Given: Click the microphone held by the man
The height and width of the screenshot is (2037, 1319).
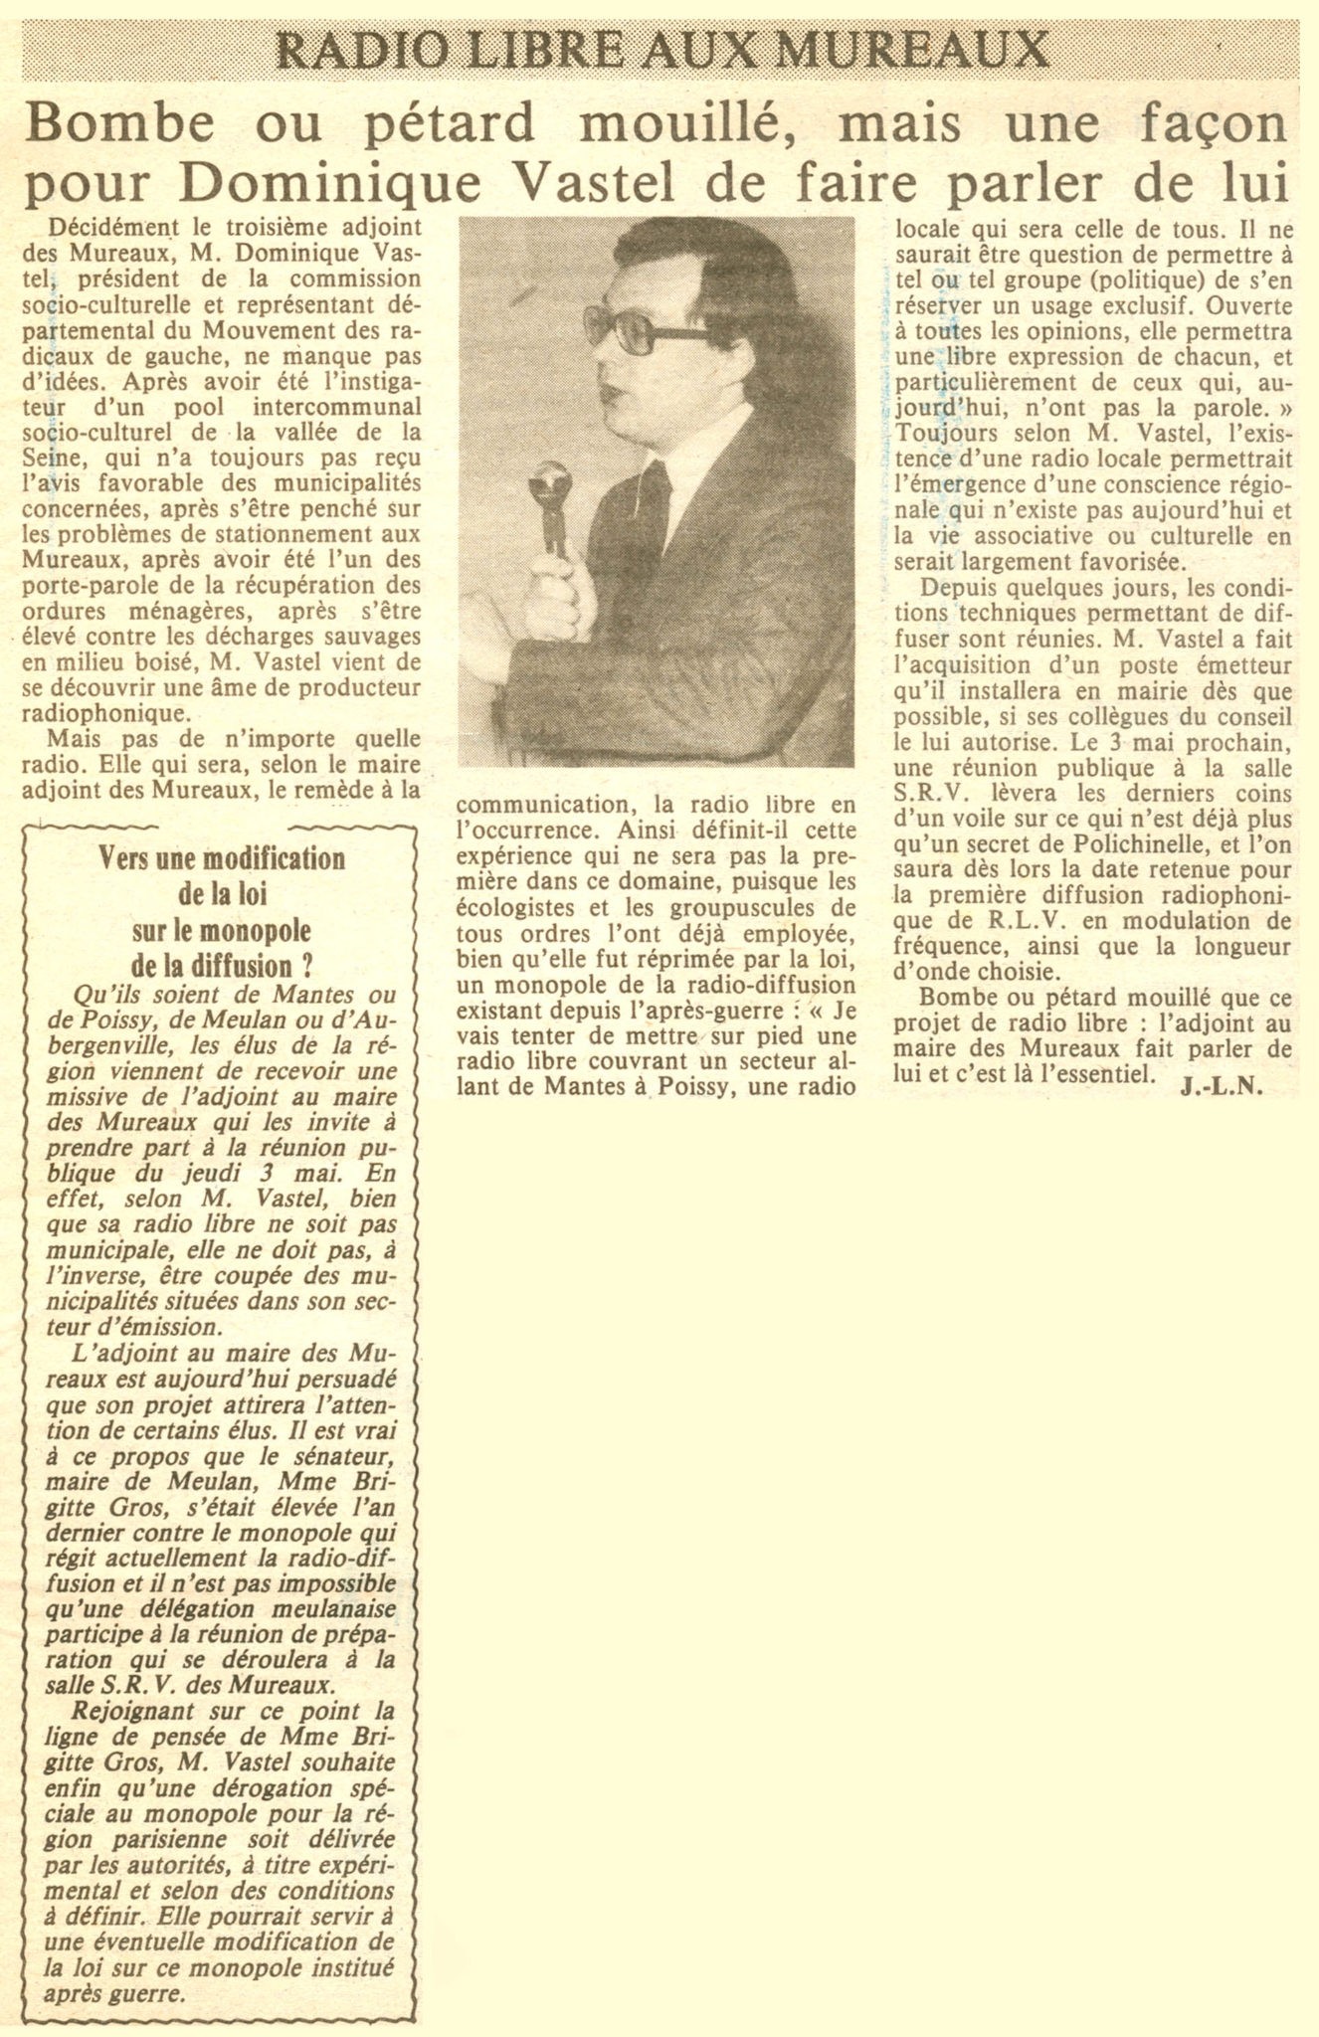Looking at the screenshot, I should coord(550,487).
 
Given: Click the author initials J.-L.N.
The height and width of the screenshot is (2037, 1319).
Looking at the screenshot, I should coord(1222,1087).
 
